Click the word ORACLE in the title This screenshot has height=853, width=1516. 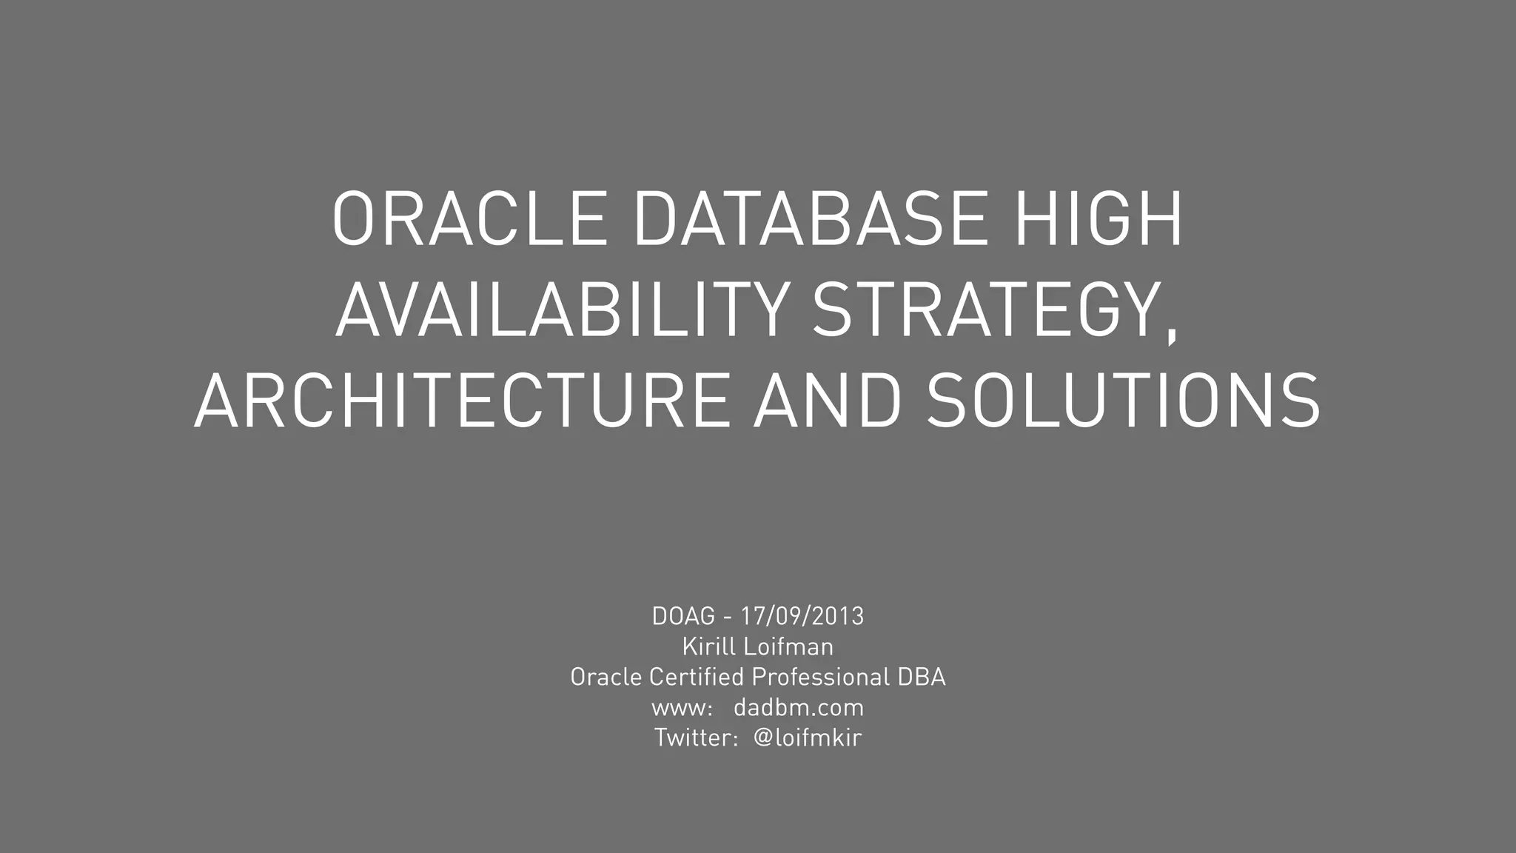[x=469, y=219]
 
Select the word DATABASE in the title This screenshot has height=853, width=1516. [x=811, y=219]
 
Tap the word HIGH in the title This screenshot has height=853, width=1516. [x=1099, y=219]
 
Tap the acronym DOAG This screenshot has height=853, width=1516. [x=683, y=616]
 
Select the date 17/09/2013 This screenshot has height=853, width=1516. [x=802, y=616]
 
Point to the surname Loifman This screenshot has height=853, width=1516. [x=788, y=646]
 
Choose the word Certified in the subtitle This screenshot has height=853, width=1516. [x=696, y=677]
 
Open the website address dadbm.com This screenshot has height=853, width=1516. [x=799, y=708]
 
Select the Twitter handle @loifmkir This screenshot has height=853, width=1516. [x=808, y=737]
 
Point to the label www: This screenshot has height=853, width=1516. [x=682, y=709]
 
